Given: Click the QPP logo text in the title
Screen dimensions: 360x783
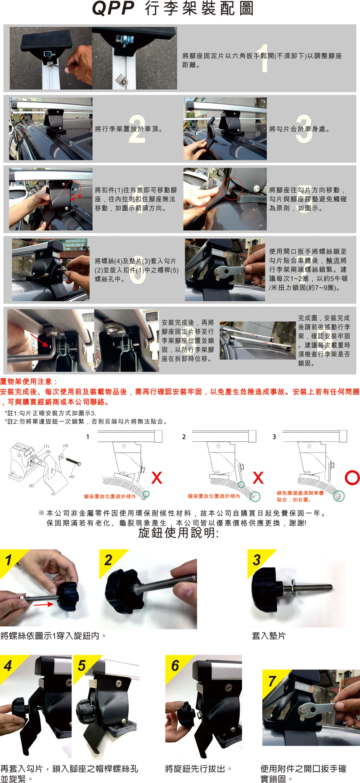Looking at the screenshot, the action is pos(113,8).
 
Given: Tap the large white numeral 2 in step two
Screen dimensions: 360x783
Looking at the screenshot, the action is pos(137,129).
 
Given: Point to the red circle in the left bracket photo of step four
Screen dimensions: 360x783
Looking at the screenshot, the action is pos(72,188).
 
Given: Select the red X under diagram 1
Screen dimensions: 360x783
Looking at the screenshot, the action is pos(157,478).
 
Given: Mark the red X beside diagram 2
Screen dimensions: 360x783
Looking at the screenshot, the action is pos(258,478).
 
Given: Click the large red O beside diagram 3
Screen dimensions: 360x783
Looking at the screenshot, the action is pos(352,478).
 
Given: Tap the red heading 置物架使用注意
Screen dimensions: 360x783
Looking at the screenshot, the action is pos(29,382).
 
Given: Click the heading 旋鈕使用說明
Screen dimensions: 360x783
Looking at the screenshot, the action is pos(178,533).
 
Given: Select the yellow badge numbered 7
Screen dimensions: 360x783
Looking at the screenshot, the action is pos(272,681).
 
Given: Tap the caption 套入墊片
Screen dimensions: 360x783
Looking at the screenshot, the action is pos(269,636).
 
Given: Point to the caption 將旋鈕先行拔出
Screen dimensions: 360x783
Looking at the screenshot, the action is pos(198,769).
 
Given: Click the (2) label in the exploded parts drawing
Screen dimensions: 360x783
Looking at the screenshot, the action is pos(31,486).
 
